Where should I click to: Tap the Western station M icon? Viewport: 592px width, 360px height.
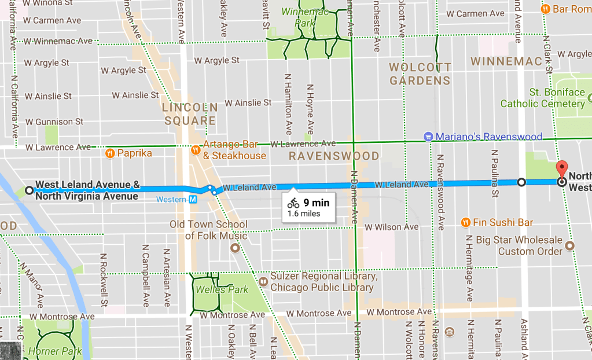[193, 200]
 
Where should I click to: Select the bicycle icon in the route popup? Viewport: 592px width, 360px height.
[293, 203]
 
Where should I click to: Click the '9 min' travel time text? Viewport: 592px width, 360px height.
[316, 203]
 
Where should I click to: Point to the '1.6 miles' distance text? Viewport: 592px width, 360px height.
[304, 214]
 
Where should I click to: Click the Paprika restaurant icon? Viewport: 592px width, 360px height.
[109, 153]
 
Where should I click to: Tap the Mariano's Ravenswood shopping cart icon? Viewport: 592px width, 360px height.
[428, 137]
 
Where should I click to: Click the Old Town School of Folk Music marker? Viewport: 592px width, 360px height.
[234, 248]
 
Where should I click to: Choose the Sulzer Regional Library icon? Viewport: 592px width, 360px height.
[263, 282]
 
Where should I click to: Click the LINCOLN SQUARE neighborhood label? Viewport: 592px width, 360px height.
[190, 114]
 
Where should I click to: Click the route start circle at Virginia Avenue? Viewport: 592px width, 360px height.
[29, 190]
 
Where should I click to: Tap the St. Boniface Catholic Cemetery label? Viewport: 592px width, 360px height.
[542, 98]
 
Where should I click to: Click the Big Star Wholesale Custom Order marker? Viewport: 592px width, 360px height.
[570, 245]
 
